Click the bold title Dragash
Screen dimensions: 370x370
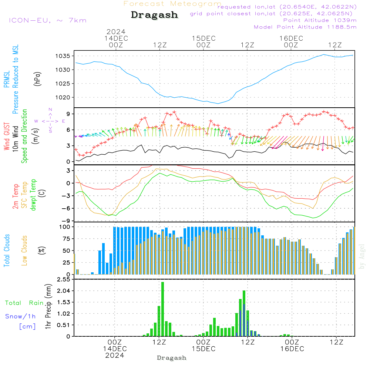coord(154,15)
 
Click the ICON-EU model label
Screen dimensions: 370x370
coord(47,20)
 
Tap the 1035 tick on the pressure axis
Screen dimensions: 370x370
coord(64,56)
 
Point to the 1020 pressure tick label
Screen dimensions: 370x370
coord(64,97)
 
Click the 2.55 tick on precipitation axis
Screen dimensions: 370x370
coord(63,279)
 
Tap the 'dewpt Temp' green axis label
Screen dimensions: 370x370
coord(33,195)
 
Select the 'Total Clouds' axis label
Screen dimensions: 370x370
coord(7,250)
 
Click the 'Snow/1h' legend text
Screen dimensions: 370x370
coord(20,316)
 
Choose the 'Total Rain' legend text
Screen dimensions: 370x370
coord(24,303)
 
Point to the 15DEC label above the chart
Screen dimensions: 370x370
coord(203,38)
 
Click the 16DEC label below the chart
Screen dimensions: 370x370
coord(292,349)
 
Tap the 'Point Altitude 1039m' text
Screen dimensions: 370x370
coord(320,20)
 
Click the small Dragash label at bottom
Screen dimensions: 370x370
coord(171,358)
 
